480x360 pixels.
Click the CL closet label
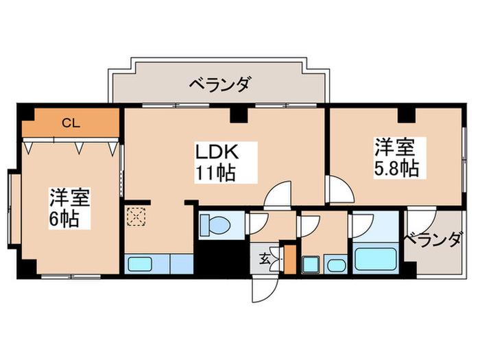[x=71, y=123]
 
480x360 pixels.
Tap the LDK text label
[x=217, y=152]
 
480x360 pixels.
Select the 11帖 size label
[x=215, y=173]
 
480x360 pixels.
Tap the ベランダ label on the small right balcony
[x=432, y=239]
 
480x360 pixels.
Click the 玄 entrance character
[x=265, y=259]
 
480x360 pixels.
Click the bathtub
[x=375, y=259]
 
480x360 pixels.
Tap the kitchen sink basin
[x=140, y=264]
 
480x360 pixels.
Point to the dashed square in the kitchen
[x=136, y=217]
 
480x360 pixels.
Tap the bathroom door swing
[x=361, y=225]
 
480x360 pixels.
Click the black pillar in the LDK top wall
[x=239, y=115]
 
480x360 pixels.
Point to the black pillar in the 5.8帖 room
[x=407, y=115]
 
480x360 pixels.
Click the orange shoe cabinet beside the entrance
[x=290, y=259]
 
